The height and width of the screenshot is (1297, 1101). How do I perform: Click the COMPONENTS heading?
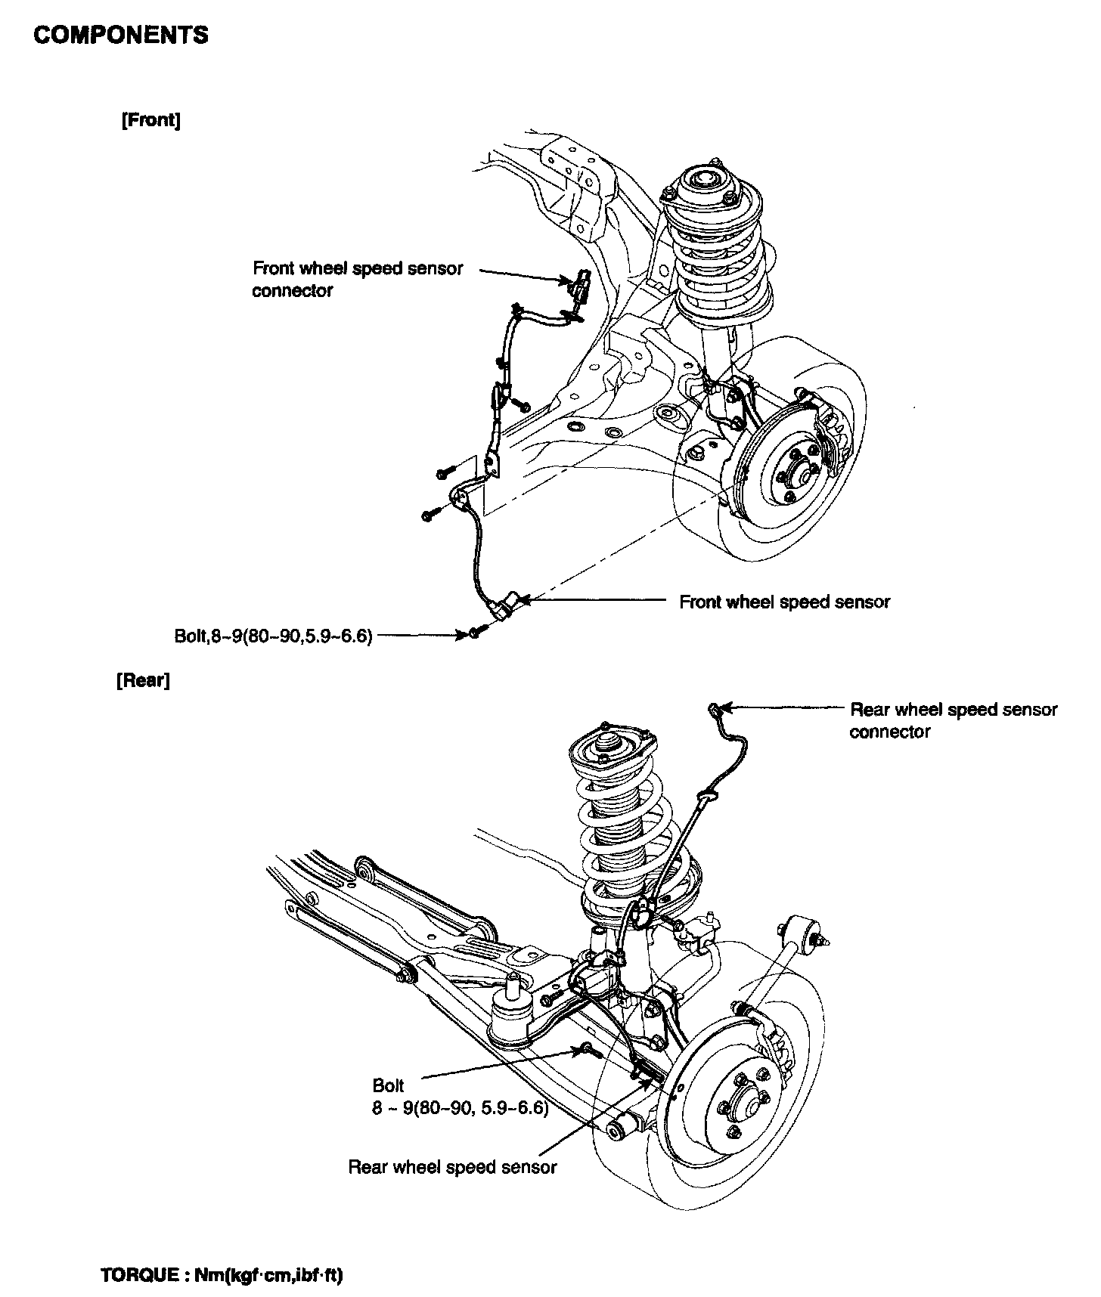(121, 35)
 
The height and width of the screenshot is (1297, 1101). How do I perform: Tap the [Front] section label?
(150, 121)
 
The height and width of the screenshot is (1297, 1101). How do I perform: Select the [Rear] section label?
(143, 680)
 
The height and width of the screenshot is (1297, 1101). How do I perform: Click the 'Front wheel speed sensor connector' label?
(357, 280)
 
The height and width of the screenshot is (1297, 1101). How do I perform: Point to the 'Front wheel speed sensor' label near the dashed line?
(784, 602)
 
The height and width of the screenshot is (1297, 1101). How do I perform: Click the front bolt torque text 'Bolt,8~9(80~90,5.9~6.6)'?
(274, 636)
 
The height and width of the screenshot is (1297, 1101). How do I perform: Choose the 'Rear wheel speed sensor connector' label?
(953, 720)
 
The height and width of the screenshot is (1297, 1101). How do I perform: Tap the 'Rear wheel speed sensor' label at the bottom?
(452, 1167)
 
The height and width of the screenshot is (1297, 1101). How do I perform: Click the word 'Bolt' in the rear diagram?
(389, 1085)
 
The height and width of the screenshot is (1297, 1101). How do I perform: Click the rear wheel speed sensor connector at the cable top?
(713, 707)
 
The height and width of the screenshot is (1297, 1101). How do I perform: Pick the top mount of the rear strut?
(607, 744)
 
